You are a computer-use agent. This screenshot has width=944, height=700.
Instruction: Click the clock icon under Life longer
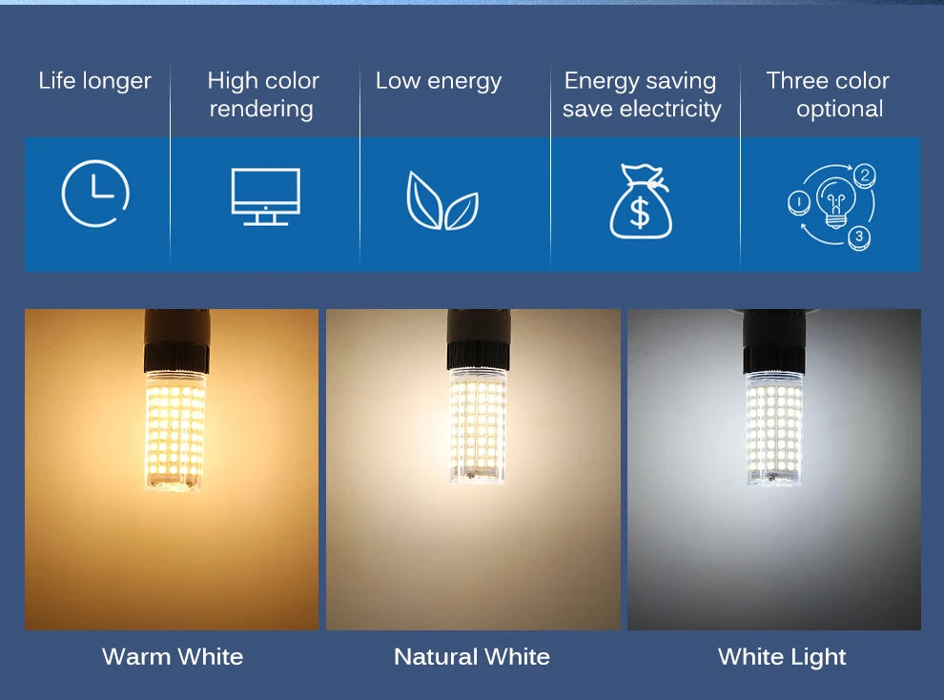click(x=95, y=194)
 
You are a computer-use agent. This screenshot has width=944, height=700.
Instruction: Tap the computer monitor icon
click(x=265, y=196)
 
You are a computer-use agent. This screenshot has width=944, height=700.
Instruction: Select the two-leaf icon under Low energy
click(x=441, y=201)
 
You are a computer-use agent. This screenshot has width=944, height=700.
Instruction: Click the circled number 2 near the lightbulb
click(x=864, y=175)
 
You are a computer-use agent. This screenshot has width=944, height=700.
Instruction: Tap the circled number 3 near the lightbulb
click(x=858, y=236)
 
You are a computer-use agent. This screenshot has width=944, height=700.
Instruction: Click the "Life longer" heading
click(x=94, y=81)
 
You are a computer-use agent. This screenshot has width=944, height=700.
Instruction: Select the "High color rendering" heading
click(x=262, y=94)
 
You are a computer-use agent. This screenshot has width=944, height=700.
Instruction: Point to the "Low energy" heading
click(x=438, y=81)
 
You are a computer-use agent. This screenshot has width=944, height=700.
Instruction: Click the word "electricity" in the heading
click(x=669, y=109)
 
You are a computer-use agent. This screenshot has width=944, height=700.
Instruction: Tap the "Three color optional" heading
click(x=828, y=94)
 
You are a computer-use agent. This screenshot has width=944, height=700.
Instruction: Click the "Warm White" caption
click(x=173, y=656)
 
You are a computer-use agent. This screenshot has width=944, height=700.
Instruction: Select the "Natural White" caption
click(x=472, y=656)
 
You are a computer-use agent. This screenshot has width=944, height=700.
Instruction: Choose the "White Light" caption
click(x=782, y=656)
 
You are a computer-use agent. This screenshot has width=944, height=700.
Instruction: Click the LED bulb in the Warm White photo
click(x=174, y=429)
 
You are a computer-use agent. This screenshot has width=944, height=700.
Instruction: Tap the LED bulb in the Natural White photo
click(x=477, y=424)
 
